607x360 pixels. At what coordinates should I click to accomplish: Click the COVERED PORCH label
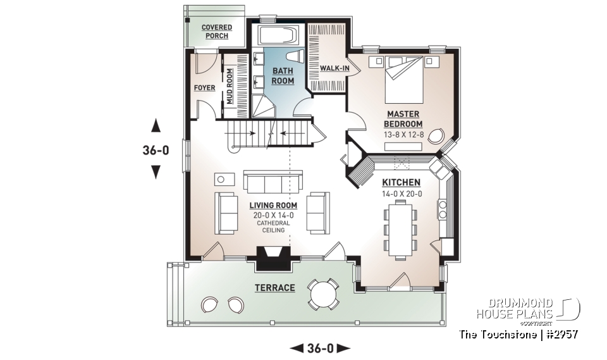tap(216, 32)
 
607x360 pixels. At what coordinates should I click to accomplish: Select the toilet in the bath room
tap(296, 56)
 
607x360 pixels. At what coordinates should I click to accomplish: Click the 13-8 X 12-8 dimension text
tap(403, 135)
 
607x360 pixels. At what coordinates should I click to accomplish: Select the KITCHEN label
tap(401, 182)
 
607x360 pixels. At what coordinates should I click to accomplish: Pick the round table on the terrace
tap(322, 294)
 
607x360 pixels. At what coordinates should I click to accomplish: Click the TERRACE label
tap(274, 288)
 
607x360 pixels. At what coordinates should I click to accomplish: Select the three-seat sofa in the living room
tap(273, 183)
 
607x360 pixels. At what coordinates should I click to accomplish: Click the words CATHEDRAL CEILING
tap(273, 227)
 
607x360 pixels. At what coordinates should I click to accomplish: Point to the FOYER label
tap(204, 88)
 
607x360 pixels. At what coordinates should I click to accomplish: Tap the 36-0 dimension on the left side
tap(156, 151)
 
